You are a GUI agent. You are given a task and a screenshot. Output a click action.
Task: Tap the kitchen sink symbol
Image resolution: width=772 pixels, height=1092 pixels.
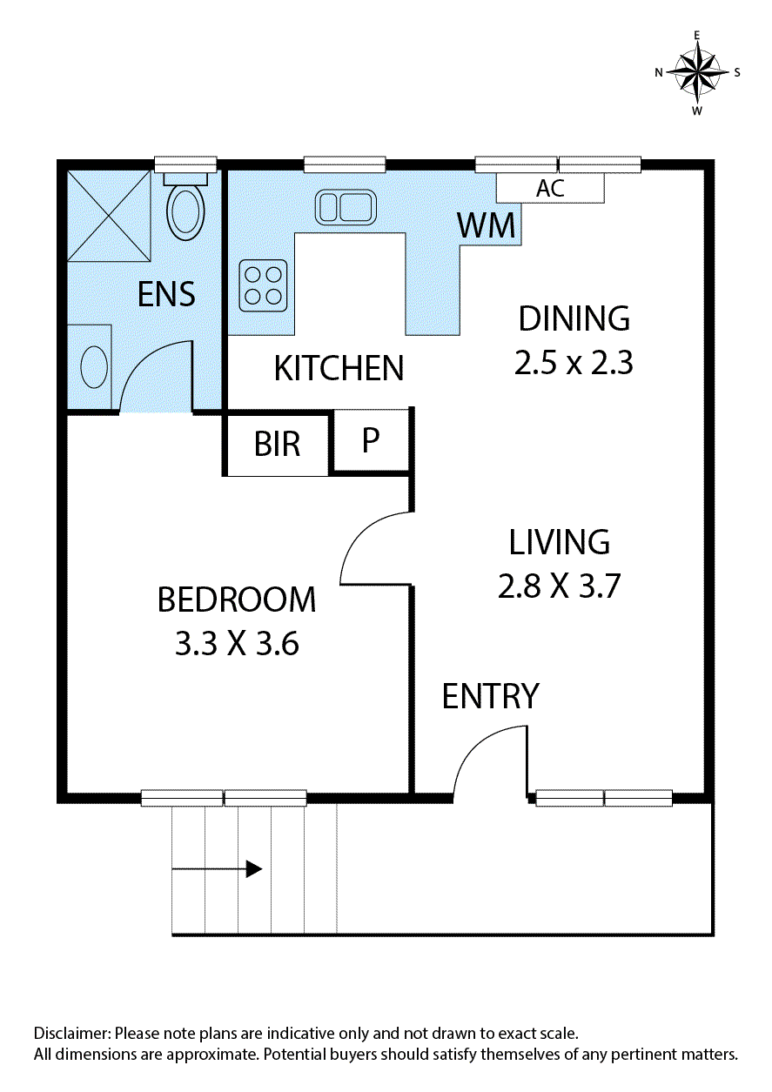[346, 207]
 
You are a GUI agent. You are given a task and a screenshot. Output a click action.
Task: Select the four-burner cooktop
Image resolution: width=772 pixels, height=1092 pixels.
[263, 285]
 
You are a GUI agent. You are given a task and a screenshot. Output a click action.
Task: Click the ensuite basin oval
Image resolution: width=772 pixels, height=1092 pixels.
[94, 366]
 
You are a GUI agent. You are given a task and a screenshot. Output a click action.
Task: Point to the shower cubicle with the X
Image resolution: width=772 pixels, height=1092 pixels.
[109, 216]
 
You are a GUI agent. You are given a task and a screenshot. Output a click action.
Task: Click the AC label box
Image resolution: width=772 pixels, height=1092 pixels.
[550, 188]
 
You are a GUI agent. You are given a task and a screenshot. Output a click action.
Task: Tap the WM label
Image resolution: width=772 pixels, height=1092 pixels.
[487, 225]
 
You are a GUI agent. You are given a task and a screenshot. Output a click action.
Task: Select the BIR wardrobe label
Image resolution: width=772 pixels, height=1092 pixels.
[277, 444]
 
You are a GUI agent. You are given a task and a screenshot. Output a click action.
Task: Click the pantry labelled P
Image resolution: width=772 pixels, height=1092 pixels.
[371, 440]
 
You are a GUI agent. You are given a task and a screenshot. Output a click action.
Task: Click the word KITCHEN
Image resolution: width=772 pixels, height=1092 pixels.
[339, 368]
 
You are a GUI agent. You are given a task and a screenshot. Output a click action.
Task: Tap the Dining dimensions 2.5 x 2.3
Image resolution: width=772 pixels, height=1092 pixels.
[574, 363]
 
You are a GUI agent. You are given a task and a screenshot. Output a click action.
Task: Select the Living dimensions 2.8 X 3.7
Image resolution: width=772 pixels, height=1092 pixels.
[559, 586]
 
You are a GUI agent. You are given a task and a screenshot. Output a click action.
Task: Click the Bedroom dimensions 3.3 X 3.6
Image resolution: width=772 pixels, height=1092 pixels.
[237, 644]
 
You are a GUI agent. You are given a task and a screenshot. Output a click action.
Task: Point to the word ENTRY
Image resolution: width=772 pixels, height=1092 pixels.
[491, 696]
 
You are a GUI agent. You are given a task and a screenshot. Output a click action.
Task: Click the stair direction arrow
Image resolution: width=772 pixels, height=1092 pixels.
[218, 869]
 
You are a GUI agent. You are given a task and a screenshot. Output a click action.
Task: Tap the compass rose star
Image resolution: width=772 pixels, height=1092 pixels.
[697, 72]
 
